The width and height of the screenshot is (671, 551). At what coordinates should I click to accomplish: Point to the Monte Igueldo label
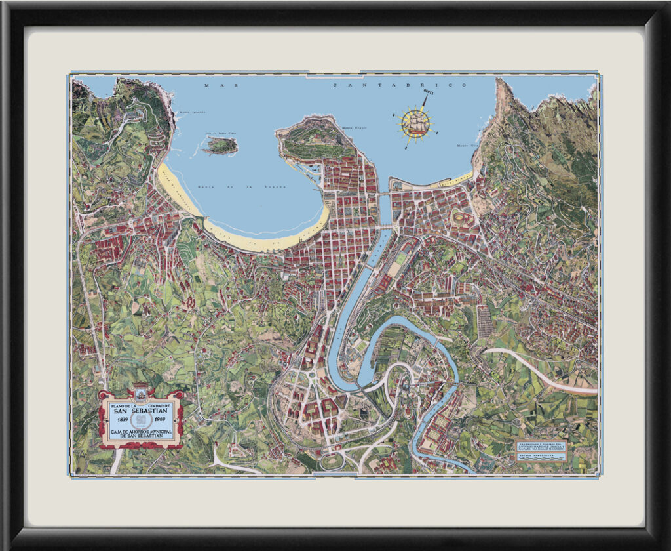tap(192, 112)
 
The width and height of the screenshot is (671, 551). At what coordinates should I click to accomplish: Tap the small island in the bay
tap(220, 146)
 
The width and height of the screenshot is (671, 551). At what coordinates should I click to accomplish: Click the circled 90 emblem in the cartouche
tap(140, 422)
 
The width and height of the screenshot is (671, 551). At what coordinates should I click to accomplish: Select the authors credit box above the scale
tap(540, 444)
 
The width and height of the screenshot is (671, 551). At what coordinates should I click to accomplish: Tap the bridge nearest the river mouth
tap(384, 194)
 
